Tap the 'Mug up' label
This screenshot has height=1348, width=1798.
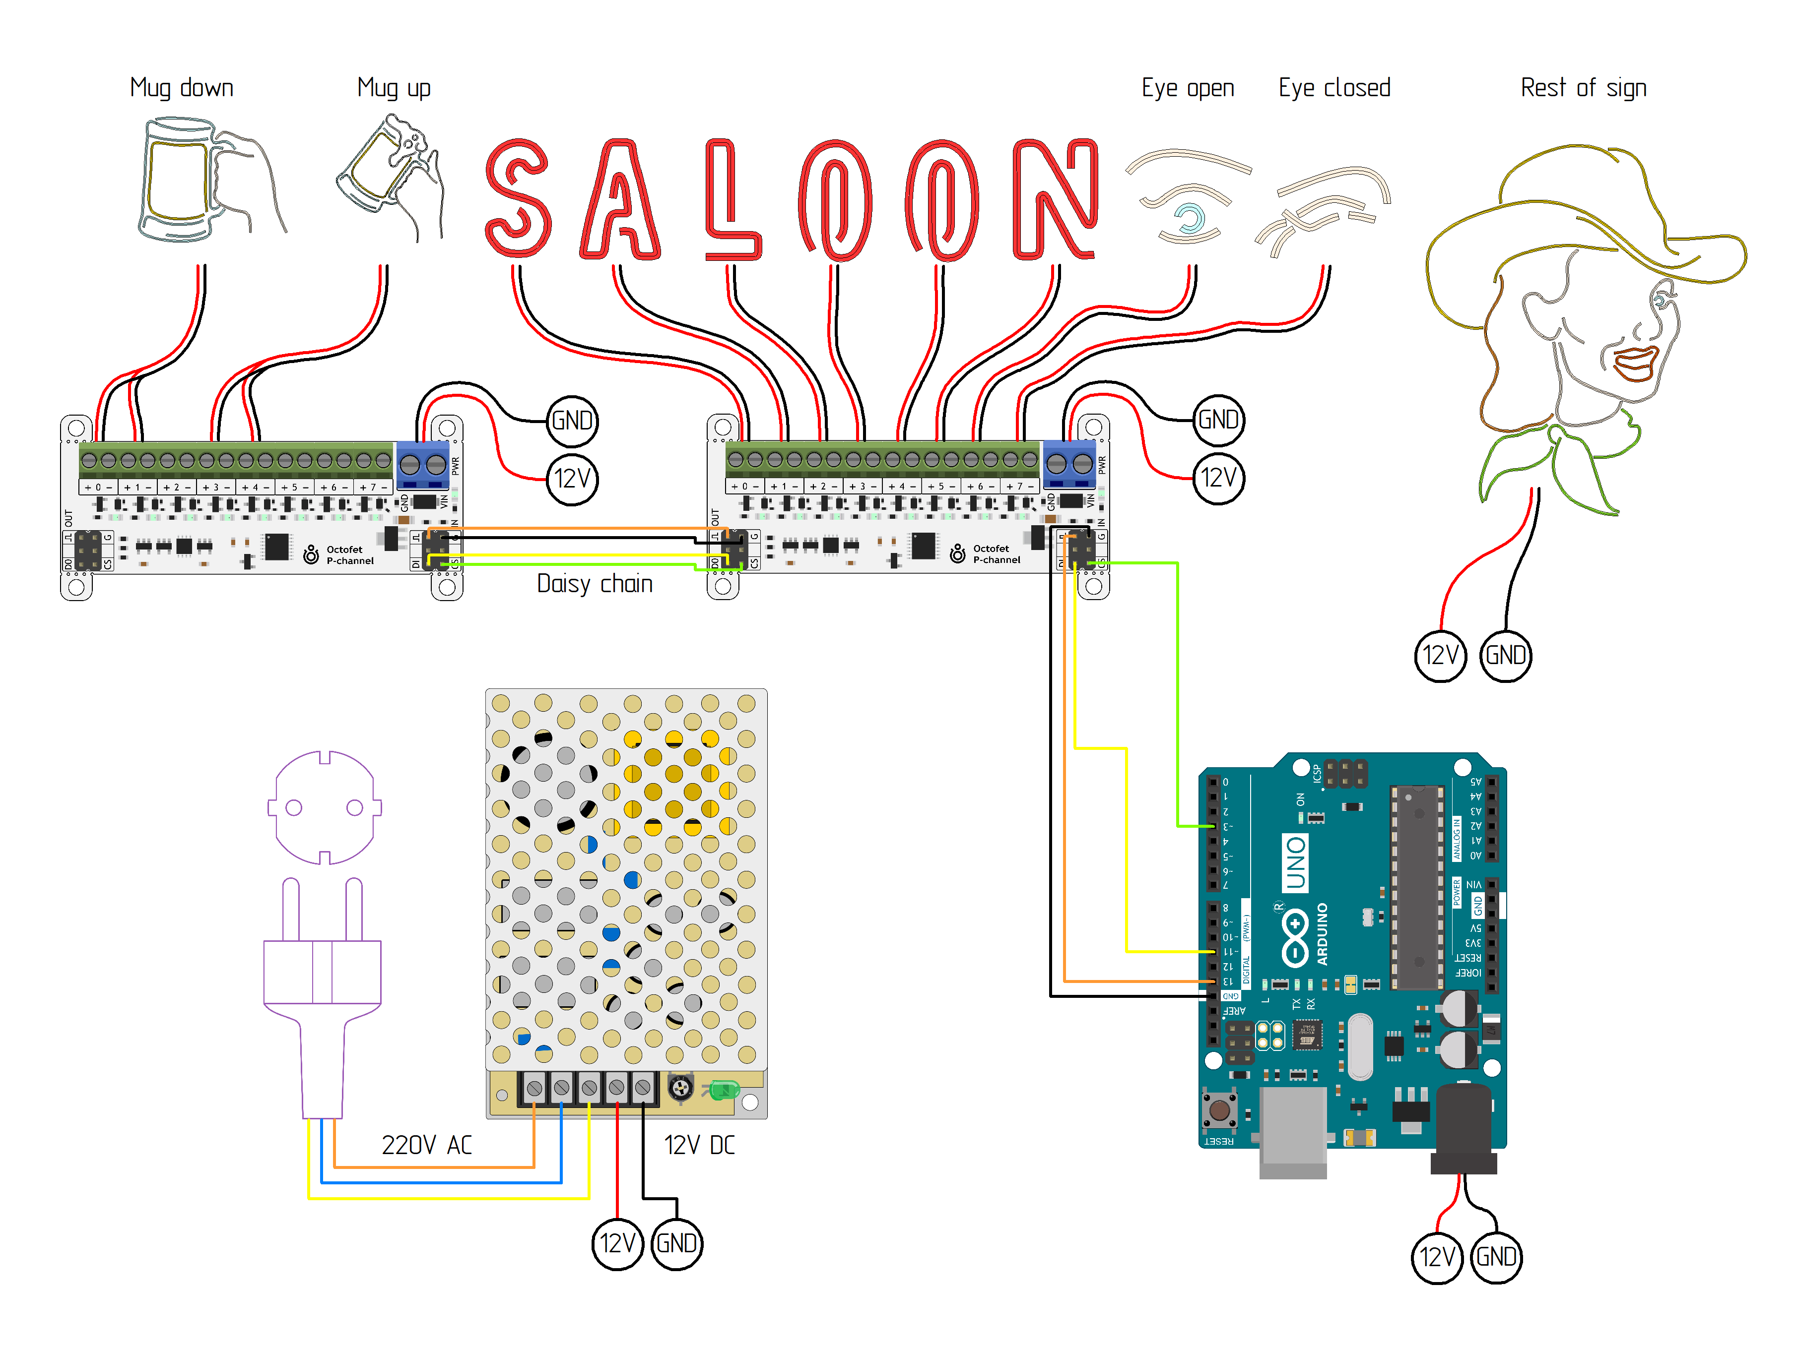394,88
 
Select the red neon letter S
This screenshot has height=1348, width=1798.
517,198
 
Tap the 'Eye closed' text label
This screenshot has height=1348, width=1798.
1334,88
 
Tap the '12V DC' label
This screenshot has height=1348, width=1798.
699,1145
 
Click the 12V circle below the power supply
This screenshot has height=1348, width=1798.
617,1243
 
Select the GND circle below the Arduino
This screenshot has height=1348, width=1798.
1496,1257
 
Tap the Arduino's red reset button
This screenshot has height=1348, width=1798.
1218,1110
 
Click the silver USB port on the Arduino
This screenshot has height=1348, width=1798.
1292,1129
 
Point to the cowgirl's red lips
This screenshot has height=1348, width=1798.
1635,362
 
